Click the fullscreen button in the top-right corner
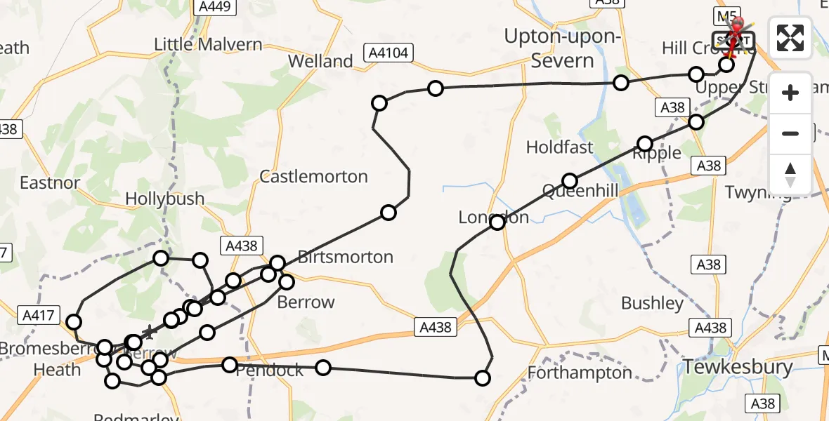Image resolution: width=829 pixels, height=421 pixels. click(x=790, y=38)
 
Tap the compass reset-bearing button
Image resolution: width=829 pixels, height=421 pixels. click(x=790, y=173)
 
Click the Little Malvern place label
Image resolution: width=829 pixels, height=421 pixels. click(x=208, y=45)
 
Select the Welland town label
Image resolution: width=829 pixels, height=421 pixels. click(x=320, y=61)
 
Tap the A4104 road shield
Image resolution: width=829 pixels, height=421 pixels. click(x=389, y=52)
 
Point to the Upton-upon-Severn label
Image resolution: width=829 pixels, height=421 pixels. click(x=562, y=48)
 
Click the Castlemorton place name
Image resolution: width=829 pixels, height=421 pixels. click(x=313, y=176)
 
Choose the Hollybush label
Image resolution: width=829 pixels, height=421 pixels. click(x=164, y=199)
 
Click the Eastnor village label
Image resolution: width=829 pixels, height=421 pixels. click(x=50, y=183)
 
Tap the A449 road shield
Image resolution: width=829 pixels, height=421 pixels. click(x=214, y=7)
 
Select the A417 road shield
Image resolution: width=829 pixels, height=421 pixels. click(x=38, y=316)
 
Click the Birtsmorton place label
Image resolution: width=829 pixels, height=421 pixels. click(x=345, y=257)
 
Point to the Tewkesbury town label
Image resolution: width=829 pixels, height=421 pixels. click(x=738, y=367)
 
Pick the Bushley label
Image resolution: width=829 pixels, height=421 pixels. click(x=652, y=303)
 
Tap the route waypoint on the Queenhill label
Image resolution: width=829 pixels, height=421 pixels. click(x=570, y=181)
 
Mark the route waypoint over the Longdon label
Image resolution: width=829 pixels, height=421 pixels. click(x=497, y=222)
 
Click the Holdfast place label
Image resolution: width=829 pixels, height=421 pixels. click(x=560, y=147)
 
